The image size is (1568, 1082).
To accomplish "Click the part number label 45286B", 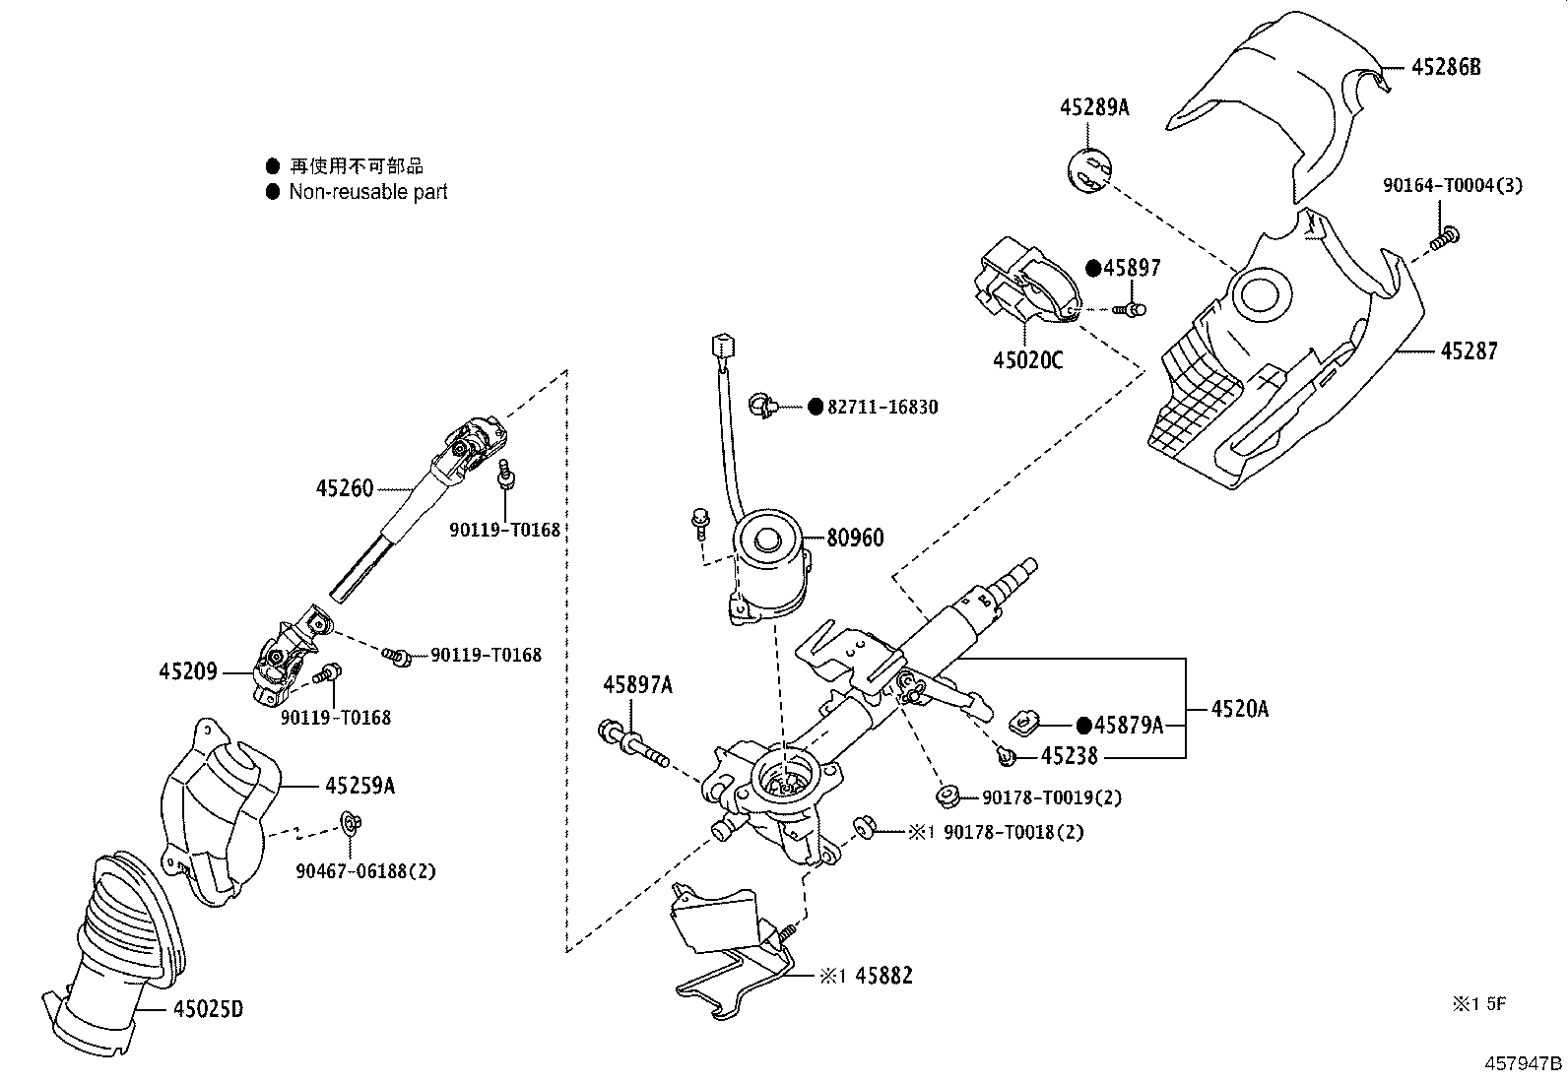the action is pos(1446,67).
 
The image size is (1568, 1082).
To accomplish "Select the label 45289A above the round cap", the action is pos(1094,107).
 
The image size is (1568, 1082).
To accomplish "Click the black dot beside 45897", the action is pos(1093,268).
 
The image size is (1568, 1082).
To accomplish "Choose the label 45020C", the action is pos(1027,359).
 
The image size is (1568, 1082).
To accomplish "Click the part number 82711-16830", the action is pos(882,407).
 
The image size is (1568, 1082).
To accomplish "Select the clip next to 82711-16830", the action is pos(763,406).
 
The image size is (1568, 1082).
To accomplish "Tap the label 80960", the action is pos(855,538).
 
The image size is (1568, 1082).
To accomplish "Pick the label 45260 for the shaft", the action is pos(345,487).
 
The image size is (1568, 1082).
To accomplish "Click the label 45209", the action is pos(187,671).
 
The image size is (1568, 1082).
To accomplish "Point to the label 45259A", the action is pos(359,786).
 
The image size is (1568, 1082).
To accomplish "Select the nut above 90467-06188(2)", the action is pos(349,823).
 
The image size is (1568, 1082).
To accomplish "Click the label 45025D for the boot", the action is pos(208,1008).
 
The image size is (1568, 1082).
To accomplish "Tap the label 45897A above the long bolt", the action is pos(637,684).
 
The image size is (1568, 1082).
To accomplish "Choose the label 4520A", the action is pos(1240,709).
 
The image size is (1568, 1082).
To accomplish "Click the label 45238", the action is pos(1069,756).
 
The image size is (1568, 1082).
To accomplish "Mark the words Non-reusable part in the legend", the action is pos(368,192).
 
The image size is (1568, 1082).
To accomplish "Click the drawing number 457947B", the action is pos(1524,1064).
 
